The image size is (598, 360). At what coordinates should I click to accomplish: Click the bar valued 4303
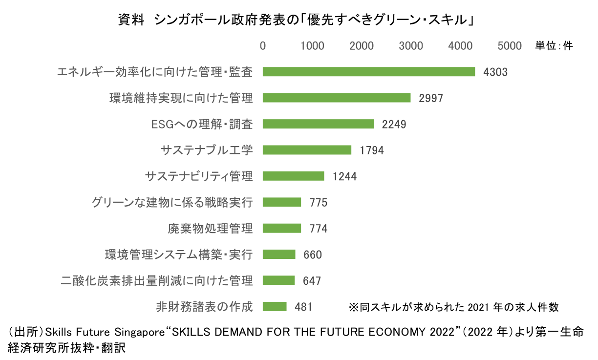369,72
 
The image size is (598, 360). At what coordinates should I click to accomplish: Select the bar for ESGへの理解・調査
318,124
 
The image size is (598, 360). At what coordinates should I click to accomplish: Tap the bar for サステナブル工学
307,150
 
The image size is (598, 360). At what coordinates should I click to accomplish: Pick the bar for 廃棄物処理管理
282,228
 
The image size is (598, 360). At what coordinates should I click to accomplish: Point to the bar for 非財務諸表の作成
275,306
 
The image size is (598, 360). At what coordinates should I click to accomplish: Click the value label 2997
431,98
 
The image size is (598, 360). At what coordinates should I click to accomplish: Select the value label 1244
345,176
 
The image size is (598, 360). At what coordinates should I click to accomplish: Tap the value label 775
318,202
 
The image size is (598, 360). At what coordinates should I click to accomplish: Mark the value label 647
312,280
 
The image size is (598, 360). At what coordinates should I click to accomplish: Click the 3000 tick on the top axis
411,46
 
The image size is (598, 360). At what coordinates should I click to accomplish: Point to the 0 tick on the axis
263,46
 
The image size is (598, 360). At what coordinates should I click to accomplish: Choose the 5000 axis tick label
510,46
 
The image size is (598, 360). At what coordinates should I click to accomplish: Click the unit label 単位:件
554,46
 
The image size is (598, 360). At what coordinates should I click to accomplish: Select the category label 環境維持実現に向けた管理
181,98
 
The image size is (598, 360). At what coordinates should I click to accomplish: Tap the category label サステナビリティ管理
199,176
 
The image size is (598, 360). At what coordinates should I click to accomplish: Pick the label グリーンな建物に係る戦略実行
172,202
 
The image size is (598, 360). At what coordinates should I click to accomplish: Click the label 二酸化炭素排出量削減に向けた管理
157,280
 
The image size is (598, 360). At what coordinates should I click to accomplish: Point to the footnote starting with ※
453,307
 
